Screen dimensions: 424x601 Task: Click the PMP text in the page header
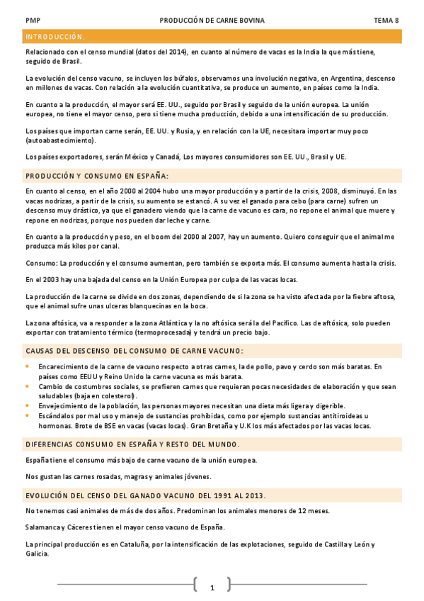coord(32,21)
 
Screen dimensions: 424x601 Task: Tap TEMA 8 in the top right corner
coord(386,21)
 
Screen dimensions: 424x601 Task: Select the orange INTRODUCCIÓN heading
coord(55,36)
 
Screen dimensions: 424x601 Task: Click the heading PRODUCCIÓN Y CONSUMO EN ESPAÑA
coord(97,175)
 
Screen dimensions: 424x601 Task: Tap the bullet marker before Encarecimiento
coord(28,366)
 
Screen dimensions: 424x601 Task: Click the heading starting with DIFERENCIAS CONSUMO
coord(132,444)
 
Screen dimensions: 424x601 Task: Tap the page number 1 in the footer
coord(212,588)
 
